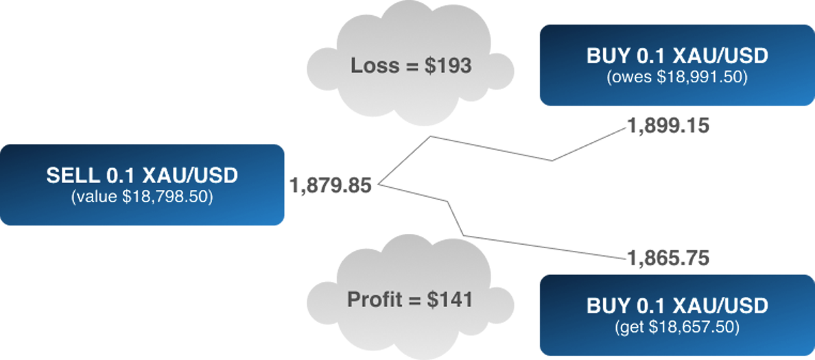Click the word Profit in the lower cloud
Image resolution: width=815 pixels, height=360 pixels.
[373, 300]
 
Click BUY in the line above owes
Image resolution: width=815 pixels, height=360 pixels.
[608, 56]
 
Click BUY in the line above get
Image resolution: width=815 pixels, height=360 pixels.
[608, 306]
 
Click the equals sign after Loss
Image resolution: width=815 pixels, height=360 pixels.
[407, 67]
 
